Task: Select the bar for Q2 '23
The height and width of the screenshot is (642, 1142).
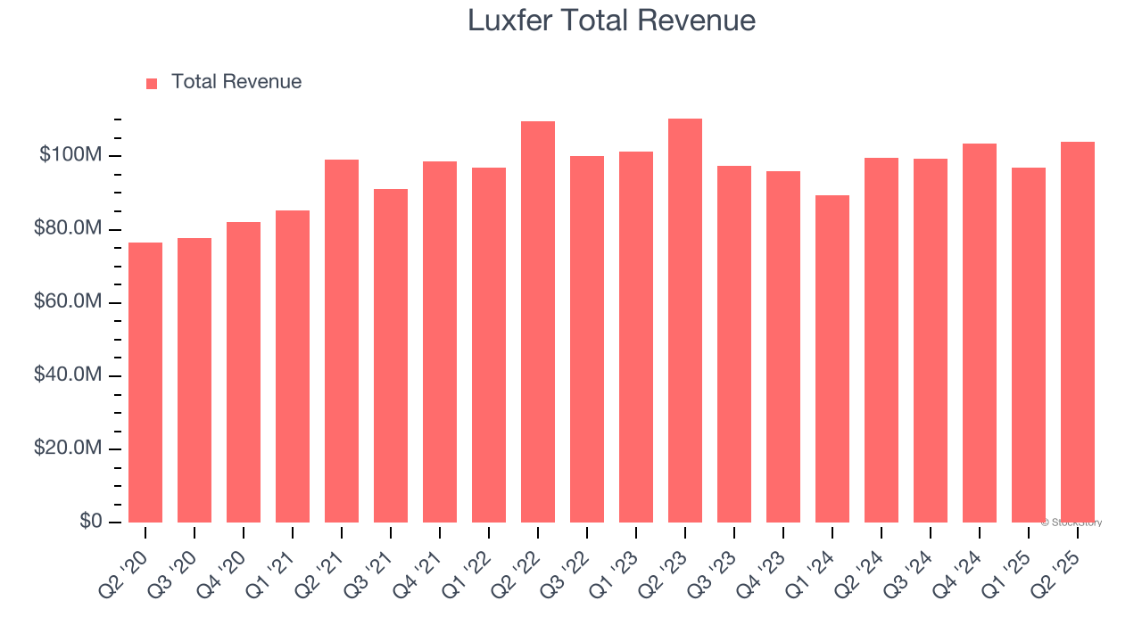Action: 685,320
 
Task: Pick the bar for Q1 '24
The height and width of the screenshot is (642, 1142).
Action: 832,358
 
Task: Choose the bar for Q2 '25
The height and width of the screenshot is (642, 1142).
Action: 1078,332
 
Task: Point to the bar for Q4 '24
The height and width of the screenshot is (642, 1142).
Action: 980,333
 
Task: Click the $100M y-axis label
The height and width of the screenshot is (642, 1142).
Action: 70,156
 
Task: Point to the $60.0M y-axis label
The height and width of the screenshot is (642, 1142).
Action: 68,303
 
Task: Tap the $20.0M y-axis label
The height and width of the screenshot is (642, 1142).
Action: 68,449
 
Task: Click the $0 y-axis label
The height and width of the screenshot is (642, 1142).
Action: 92,522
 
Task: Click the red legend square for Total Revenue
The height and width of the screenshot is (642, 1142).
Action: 152,83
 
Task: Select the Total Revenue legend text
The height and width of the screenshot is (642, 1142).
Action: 236,82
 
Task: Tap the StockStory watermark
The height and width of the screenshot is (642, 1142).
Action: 1073,523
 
